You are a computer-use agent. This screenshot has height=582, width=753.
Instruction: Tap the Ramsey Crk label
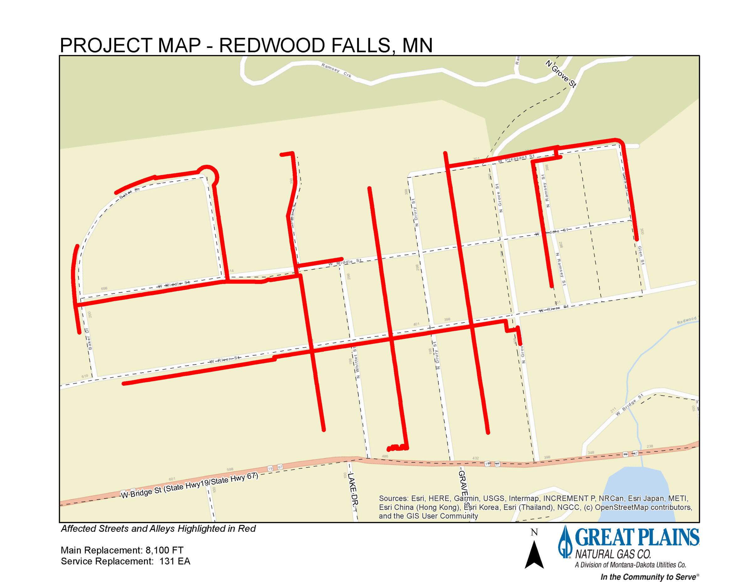336,70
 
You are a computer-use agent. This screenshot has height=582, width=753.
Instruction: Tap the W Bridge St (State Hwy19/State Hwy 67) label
189,485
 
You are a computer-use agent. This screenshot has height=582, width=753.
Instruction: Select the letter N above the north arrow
534,532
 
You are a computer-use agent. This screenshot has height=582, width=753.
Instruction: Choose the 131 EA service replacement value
175,561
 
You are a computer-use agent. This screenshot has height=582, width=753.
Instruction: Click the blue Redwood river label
686,320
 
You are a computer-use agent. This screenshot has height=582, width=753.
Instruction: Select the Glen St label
641,255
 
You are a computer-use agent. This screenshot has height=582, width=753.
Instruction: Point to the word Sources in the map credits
393,498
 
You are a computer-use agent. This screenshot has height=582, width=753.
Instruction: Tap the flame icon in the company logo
565,542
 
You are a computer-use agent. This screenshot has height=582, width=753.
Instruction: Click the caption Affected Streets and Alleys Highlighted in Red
158,529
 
